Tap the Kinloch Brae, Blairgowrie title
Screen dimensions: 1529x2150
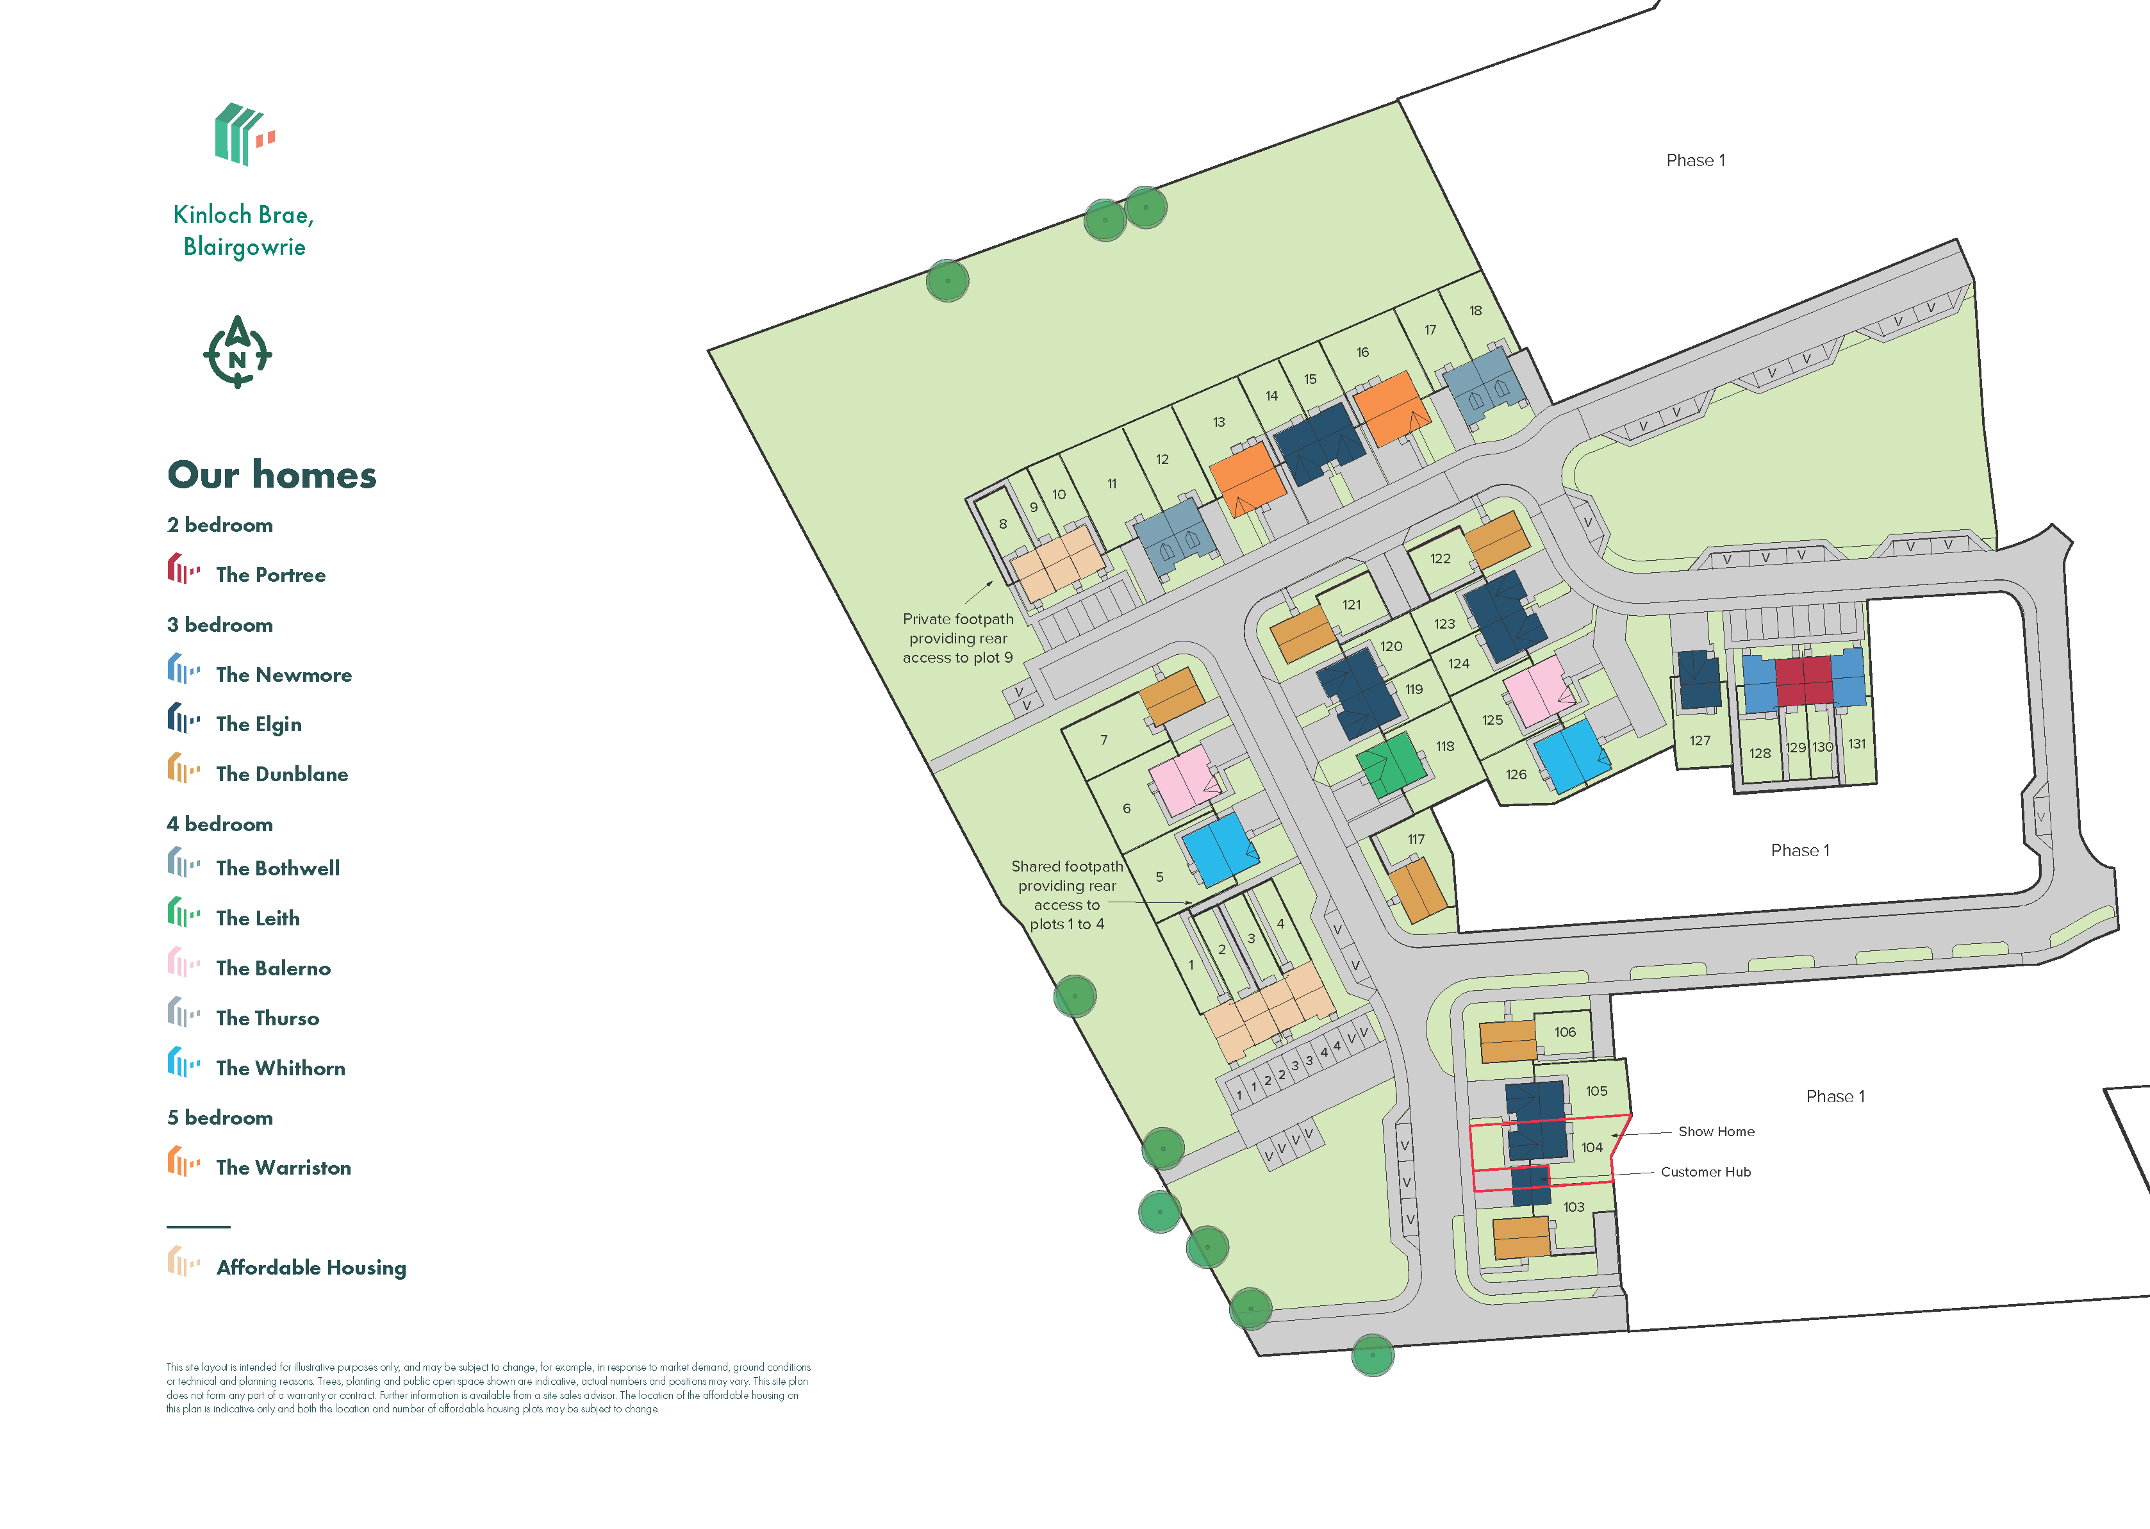tap(244, 231)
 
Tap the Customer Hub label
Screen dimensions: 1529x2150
tap(1705, 1172)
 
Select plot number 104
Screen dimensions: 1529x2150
tap(1592, 1148)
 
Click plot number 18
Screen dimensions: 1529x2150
tap(1475, 311)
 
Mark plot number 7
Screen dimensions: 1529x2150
tap(1104, 740)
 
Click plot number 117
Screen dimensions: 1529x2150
tap(1416, 839)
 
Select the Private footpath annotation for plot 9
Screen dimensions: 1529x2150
tap(957, 638)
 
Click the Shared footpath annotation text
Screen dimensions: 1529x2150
tap(1066, 895)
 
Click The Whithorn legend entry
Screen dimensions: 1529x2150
tap(279, 1068)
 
